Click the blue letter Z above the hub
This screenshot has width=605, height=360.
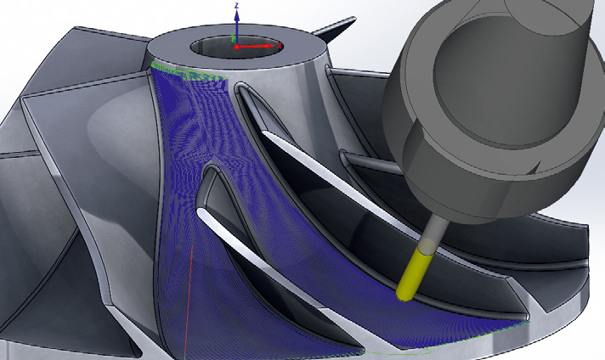point(237,5)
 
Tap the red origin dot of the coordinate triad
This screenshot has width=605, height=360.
point(237,45)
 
